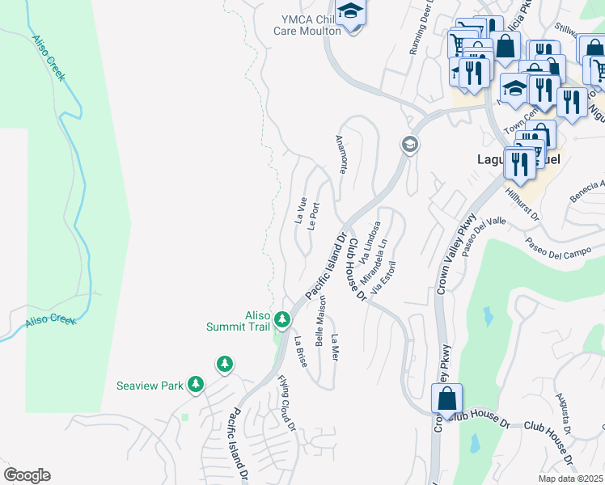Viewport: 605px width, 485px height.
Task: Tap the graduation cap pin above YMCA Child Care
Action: (x=350, y=13)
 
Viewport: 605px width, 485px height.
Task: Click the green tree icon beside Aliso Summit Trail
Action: (x=282, y=320)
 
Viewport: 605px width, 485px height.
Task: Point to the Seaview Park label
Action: (x=150, y=386)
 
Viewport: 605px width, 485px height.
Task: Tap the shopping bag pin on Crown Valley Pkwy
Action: (x=446, y=399)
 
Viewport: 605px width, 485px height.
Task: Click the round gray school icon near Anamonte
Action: (x=409, y=145)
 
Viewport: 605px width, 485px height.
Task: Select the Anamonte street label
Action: (x=342, y=154)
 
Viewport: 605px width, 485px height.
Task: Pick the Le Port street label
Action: (x=314, y=216)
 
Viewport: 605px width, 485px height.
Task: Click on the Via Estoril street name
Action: (x=383, y=276)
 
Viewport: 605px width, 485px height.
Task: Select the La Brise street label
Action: (x=300, y=352)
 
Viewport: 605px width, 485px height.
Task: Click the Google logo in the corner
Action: (x=27, y=475)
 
